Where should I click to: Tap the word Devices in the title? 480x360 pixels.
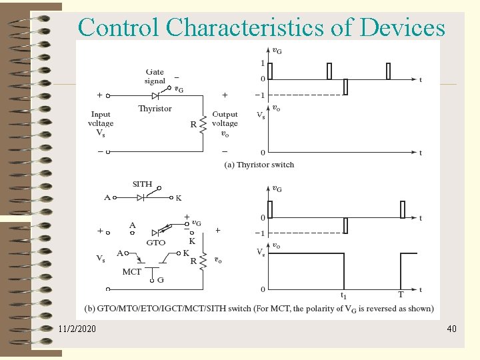[x=402, y=27]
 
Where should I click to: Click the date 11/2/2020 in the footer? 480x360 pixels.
[x=77, y=329]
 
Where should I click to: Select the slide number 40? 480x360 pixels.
[x=451, y=329]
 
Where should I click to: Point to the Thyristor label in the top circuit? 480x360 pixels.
[x=155, y=109]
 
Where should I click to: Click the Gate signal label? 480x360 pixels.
[x=155, y=77]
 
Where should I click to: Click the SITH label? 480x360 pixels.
[x=142, y=184]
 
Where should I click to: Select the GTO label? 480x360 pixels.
[x=155, y=243]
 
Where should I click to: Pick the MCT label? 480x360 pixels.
[x=131, y=272]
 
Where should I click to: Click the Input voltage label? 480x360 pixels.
[x=101, y=123]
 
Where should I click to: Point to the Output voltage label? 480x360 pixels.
[x=225, y=123]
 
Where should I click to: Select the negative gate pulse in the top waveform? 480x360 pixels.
[x=345, y=87]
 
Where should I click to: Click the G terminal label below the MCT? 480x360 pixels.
[x=160, y=281]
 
